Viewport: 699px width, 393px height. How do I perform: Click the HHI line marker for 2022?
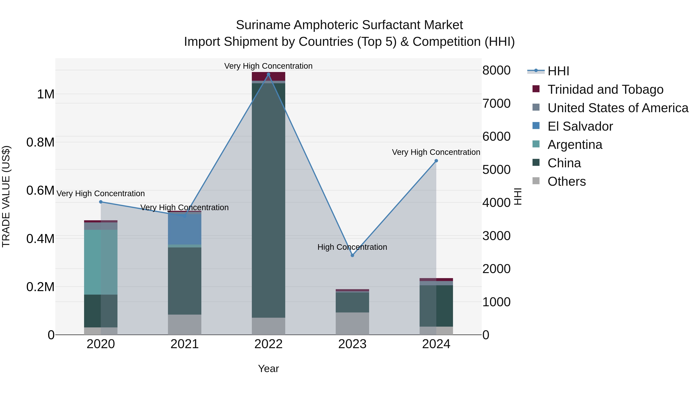(268, 74)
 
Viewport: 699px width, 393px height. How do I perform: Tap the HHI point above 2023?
(352, 255)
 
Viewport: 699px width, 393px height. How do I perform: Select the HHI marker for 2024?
(436, 161)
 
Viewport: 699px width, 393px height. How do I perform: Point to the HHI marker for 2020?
(101, 202)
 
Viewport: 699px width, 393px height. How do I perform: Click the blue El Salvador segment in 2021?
(184, 229)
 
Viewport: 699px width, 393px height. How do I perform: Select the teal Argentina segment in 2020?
(101, 262)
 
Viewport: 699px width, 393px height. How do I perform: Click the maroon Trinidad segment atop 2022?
(268, 76)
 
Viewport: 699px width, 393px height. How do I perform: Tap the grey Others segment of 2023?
(352, 323)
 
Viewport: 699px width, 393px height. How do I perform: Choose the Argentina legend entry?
(575, 145)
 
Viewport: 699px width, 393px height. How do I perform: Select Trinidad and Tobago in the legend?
(605, 89)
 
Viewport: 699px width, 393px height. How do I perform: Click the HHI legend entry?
(558, 71)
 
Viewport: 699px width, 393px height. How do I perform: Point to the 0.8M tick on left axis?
(40, 142)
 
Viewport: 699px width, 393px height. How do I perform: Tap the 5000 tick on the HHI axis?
(496, 170)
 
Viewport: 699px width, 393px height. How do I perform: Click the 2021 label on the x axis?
(184, 344)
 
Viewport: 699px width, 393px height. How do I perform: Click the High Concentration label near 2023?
(352, 247)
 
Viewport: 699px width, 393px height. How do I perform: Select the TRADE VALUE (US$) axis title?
(6, 196)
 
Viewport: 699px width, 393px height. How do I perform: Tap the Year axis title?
(268, 369)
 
